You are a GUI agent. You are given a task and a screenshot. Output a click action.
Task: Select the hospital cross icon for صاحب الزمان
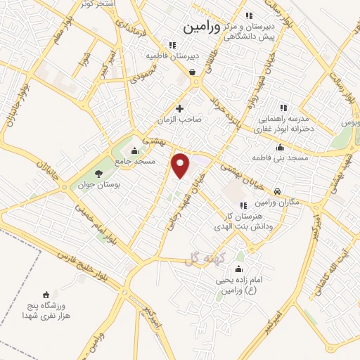coord(180,108)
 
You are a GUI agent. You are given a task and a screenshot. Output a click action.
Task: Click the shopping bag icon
coord(193,71)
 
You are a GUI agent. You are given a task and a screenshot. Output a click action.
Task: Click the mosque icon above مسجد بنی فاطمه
coord(281,148)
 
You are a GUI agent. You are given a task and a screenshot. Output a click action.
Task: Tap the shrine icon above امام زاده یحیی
coord(238,269)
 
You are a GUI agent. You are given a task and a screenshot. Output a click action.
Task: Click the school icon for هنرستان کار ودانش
coord(243,205)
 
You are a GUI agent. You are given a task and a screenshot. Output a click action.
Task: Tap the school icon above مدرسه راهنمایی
coord(283,108)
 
